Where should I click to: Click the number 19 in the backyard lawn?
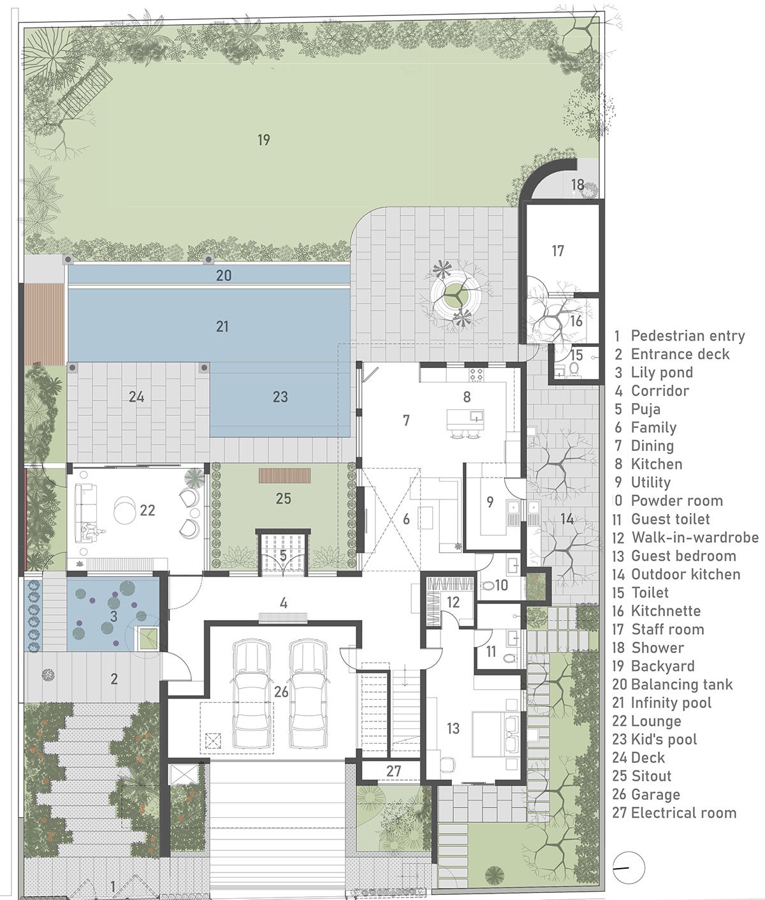click(x=263, y=140)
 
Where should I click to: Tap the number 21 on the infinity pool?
click(x=222, y=326)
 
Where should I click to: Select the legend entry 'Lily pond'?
click(x=654, y=373)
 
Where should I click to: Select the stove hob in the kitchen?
click(x=476, y=374)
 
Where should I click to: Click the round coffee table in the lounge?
click(x=126, y=510)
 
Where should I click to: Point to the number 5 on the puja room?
click(x=283, y=555)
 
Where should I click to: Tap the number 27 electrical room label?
click(x=393, y=771)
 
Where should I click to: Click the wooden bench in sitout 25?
click(x=284, y=475)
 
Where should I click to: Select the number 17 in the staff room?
click(x=557, y=251)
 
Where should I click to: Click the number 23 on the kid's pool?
click(x=280, y=397)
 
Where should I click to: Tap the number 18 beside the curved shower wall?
click(x=578, y=184)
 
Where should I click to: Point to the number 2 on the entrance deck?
click(x=114, y=679)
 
